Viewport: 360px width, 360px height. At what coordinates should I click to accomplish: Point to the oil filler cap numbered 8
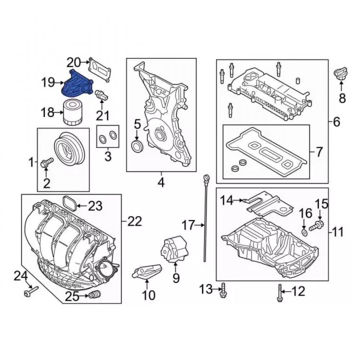340,73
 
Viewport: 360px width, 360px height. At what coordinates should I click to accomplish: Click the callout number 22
135,221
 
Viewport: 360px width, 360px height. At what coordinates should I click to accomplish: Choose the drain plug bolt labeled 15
317,225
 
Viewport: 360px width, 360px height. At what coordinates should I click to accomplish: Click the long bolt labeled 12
279,293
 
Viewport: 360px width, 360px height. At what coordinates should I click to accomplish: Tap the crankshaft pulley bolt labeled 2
46,162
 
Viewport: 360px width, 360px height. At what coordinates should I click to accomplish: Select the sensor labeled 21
102,95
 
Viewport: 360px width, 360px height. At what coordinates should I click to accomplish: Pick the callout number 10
149,295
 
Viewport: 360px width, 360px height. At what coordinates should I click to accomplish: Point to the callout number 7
319,152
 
